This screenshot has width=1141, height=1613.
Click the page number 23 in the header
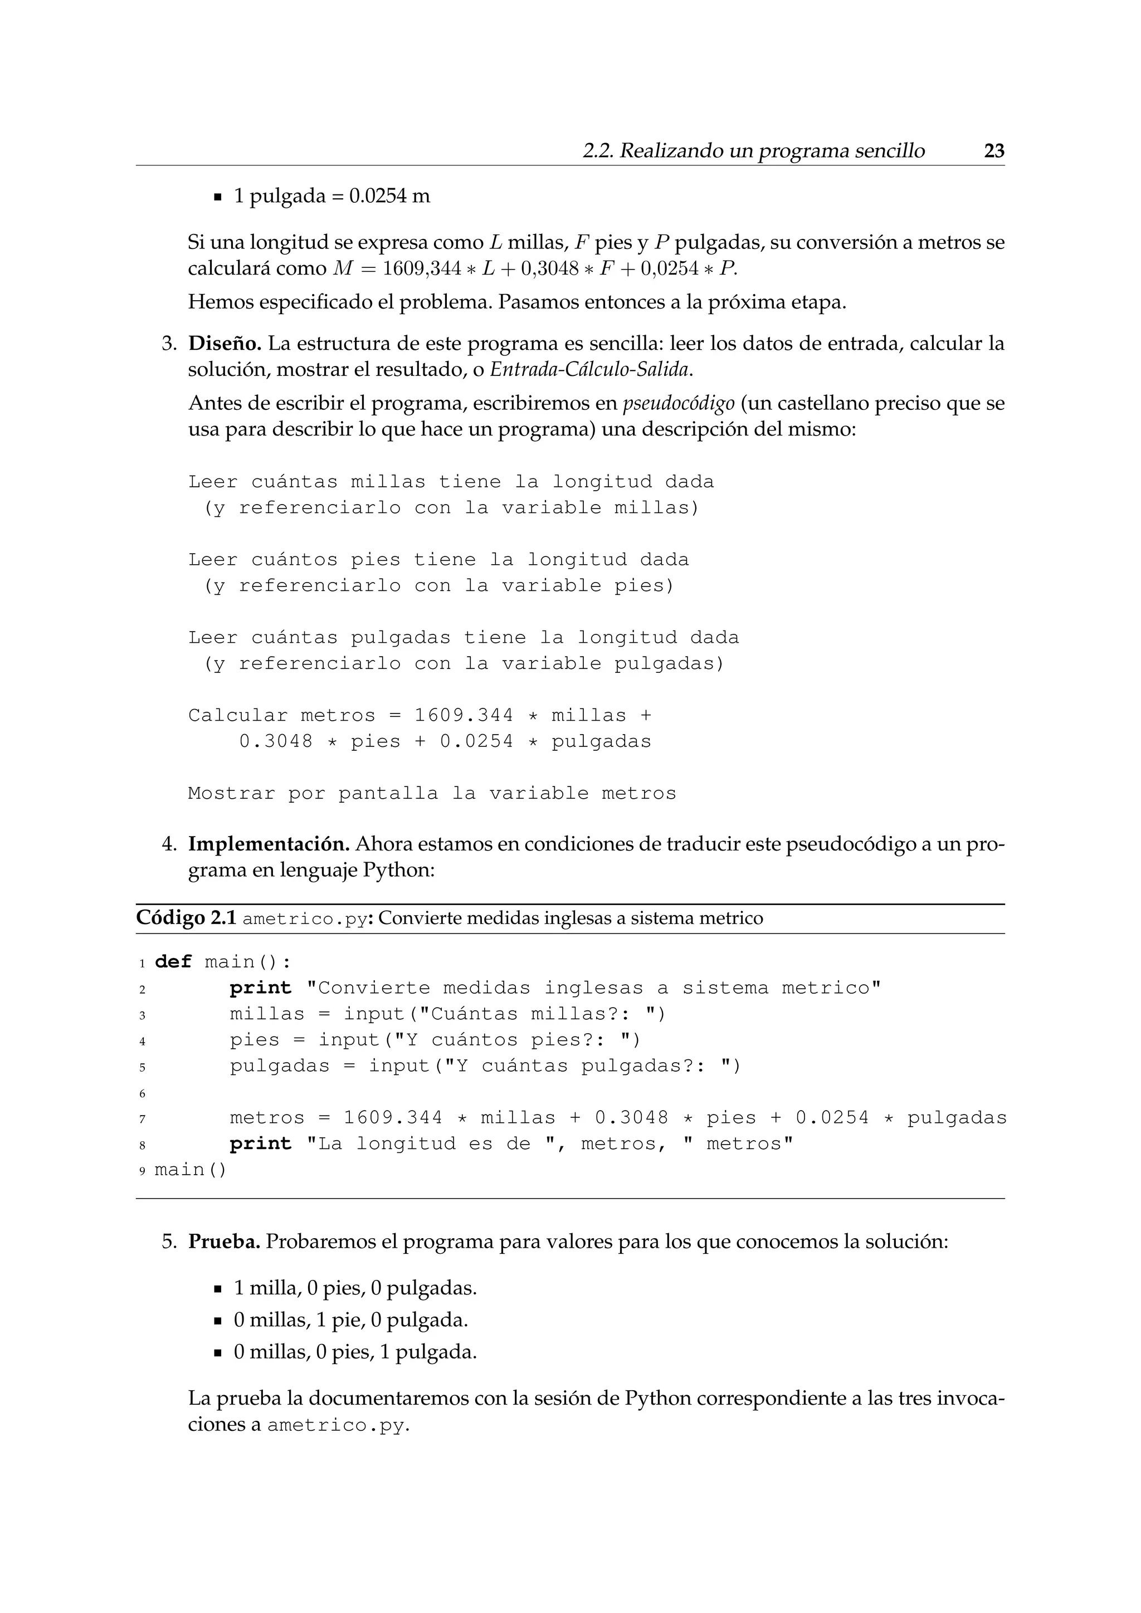[x=993, y=151]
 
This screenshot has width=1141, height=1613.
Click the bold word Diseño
[x=224, y=344]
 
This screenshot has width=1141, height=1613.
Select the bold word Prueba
[x=224, y=1241]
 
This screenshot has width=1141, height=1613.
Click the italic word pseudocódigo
[x=678, y=404]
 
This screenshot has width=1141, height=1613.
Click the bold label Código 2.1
[x=186, y=918]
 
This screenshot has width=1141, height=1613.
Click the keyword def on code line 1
[x=173, y=962]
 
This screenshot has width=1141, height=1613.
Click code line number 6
[x=142, y=1094]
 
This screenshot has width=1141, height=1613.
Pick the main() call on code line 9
[x=191, y=1170]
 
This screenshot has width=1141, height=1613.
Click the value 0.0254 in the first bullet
[x=377, y=196]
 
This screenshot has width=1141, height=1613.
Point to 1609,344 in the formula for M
[x=422, y=269]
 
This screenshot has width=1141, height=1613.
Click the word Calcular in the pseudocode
[x=237, y=716]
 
